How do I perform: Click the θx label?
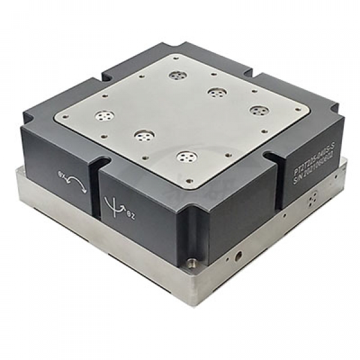point(60,175)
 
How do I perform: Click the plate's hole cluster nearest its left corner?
point(104,115)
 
